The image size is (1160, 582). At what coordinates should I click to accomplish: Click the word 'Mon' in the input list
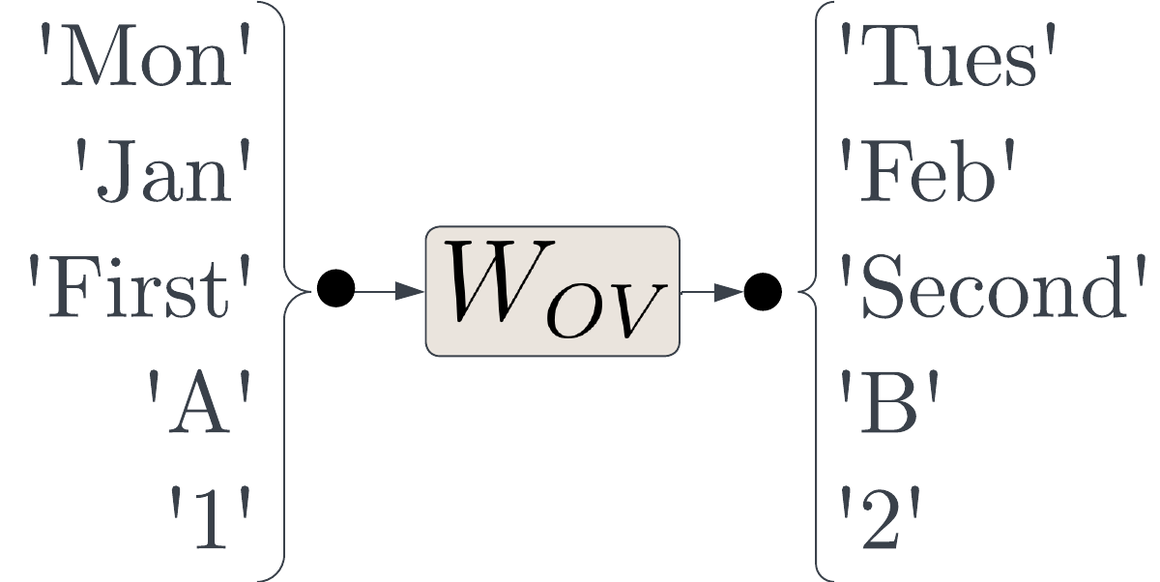[145, 55]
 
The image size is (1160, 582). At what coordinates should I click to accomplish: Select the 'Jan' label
[163, 171]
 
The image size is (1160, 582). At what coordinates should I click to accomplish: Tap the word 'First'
[139, 286]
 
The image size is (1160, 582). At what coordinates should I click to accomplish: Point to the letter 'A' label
[199, 402]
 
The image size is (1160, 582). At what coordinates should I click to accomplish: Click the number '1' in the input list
[210, 518]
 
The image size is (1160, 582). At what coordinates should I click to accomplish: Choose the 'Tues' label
[947, 55]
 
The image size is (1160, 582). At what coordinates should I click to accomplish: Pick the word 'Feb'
[926, 171]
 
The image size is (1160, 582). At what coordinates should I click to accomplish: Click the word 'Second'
[993, 286]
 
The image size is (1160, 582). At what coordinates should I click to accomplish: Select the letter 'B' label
[889, 402]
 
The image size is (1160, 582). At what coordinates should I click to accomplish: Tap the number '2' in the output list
[881, 518]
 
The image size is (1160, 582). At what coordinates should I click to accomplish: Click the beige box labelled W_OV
[553, 291]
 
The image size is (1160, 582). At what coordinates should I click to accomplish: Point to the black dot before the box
[336, 288]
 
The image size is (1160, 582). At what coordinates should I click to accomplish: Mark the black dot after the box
[763, 292]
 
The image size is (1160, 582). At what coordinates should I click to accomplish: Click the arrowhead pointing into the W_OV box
[410, 292]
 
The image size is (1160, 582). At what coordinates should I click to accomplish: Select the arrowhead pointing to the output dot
[729, 292]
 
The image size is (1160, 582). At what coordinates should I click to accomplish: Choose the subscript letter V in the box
[633, 310]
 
